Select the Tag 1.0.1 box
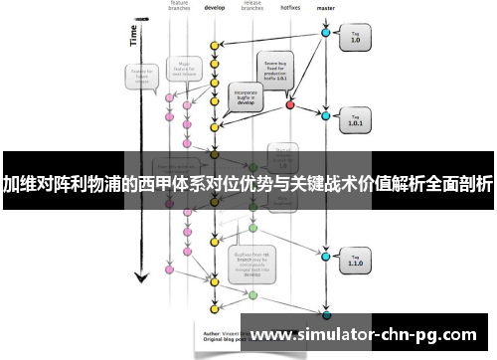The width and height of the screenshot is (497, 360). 355,121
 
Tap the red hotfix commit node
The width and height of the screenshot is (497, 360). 290,104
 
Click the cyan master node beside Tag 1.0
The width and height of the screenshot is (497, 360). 325,34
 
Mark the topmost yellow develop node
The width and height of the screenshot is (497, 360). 213,45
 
